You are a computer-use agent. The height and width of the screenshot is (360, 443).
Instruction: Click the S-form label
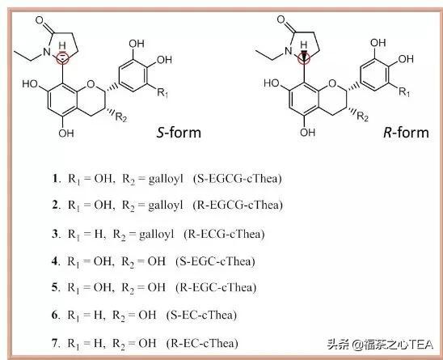pos(179,133)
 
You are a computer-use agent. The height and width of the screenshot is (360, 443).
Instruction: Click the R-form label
pos(406,133)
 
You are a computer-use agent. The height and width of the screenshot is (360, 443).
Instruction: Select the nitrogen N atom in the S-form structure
pos(47,52)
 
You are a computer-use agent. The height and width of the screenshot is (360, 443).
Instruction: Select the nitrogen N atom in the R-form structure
pos(288,51)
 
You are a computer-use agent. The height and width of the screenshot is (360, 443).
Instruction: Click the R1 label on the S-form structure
pos(162,92)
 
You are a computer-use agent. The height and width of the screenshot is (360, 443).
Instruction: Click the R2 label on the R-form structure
pos(362,116)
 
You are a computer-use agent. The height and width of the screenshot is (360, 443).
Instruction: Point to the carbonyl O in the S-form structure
pos(40,20)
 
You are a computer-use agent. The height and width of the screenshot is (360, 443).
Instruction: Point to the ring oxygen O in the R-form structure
pos(332,83)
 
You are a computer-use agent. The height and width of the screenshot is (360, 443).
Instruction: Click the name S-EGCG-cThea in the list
pos(238,179)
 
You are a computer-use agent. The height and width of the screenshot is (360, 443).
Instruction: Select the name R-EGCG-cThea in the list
pos(238,205)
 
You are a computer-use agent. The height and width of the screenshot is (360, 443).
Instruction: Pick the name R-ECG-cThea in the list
pos(224,234)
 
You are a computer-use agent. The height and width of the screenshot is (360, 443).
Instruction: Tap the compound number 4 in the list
pos(54,260)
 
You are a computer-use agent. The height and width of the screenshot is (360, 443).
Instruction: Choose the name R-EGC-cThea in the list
pos(216,287)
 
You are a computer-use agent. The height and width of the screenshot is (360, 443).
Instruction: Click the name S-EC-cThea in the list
pos(202,315)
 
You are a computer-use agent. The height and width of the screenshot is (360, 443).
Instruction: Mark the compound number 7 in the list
pos(54,343)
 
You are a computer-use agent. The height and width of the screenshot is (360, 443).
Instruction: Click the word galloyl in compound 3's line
pos(157,235)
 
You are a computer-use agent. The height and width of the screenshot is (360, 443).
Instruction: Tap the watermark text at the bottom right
pos(380,345)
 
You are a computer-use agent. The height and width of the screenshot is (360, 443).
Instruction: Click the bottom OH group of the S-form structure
pos(66,133)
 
